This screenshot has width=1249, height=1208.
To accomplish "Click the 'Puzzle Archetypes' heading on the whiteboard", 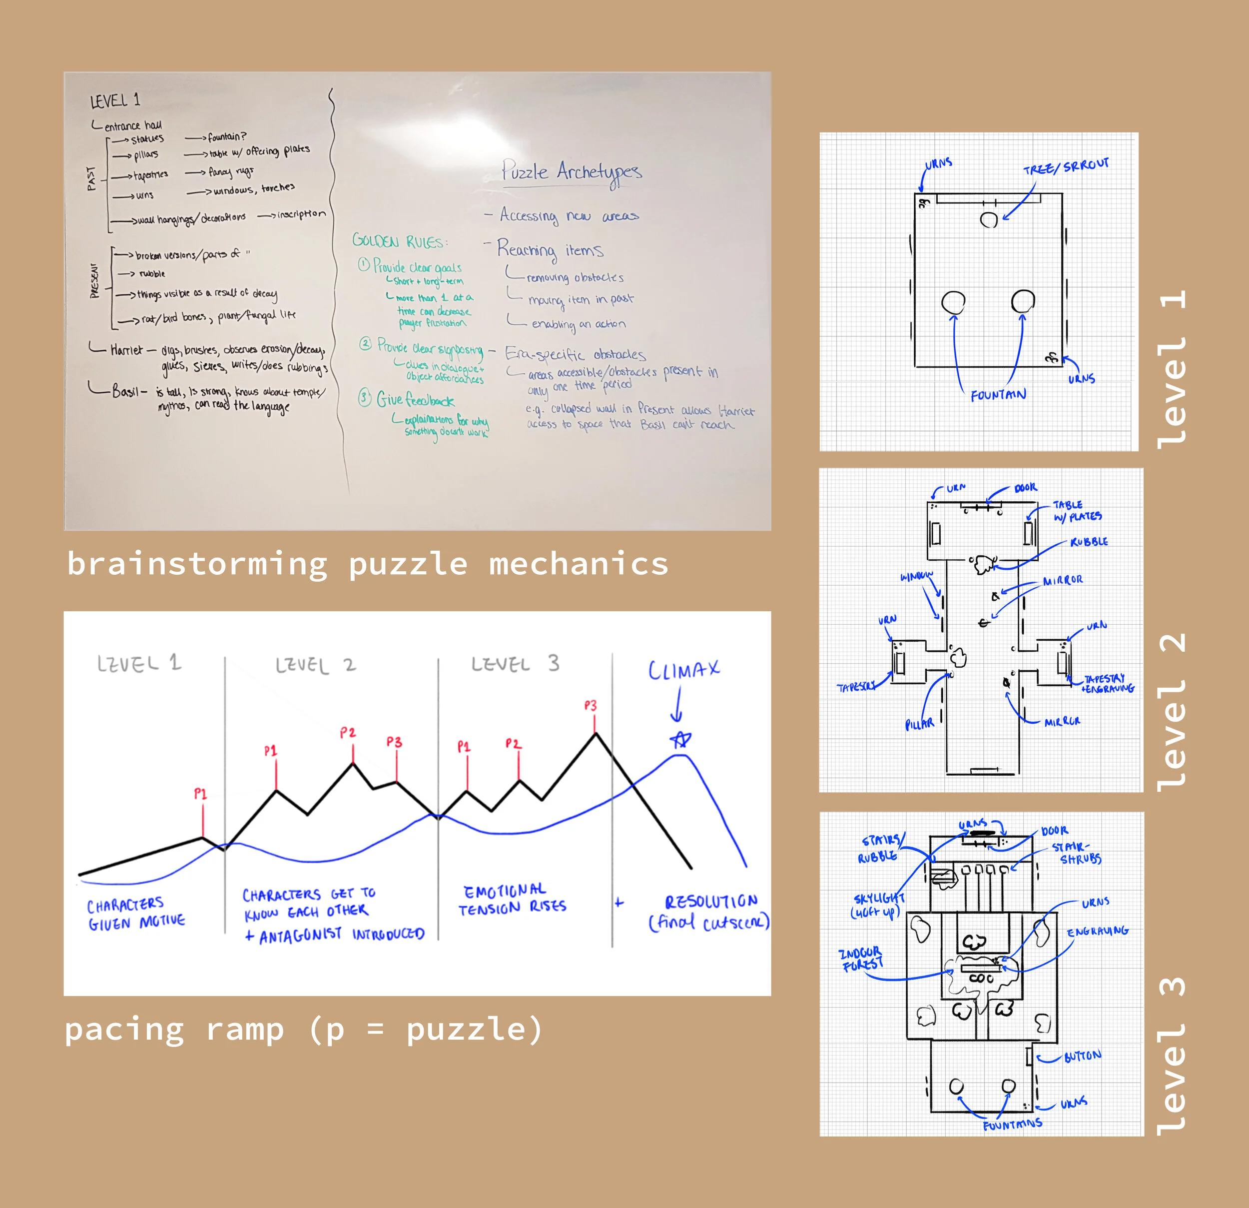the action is click(571, 172).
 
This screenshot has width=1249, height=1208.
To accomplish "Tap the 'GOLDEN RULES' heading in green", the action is click(400, 241).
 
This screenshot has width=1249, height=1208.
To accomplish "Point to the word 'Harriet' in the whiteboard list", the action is click(126, 350).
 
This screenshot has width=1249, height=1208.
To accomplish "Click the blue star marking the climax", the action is click(680, 740).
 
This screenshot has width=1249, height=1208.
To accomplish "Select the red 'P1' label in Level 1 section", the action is click(201, 794).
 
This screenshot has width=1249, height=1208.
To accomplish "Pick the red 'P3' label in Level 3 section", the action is click(591, 706).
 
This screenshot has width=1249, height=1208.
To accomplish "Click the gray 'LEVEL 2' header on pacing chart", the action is click(315, 665).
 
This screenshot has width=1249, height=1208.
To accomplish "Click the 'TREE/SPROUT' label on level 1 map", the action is click(1066, 167).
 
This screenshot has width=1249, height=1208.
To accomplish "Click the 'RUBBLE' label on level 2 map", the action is click(1089, 542).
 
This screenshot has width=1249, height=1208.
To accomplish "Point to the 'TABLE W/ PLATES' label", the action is click(1077, 511).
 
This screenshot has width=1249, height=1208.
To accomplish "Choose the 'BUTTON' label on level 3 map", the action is click(1083, 1056).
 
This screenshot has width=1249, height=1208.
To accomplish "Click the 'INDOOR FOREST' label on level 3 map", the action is click(861, 959).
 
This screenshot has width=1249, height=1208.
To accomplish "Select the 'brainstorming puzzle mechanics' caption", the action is click(368, 564).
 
